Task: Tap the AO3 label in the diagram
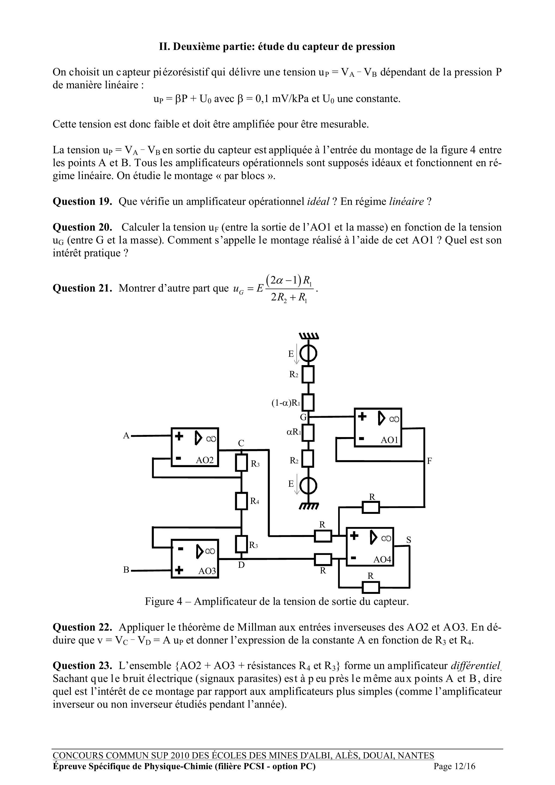(x=207, y=571)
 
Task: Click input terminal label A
(x=126, y=435)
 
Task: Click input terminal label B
(x=126, y=570)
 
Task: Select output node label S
(x=408, y=540)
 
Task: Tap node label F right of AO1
(x=430, y=461)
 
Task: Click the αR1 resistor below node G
(x=309, y=433)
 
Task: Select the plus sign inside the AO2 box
(x=179, y=436)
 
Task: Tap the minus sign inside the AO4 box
(x=354, y=558)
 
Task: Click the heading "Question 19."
(x=82, y=201)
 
